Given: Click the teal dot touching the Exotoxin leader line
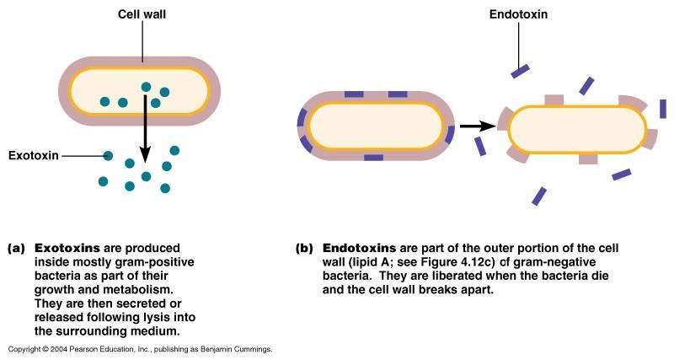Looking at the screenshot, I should coord(109,155).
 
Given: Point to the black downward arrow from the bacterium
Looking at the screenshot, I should coord(145,126).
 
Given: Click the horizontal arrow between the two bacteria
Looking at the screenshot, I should coord(475,126).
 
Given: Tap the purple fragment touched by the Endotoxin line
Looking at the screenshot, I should coord(520,71).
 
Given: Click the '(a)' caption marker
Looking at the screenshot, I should coord(15,249).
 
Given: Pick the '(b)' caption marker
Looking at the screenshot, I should coord(304,249).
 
